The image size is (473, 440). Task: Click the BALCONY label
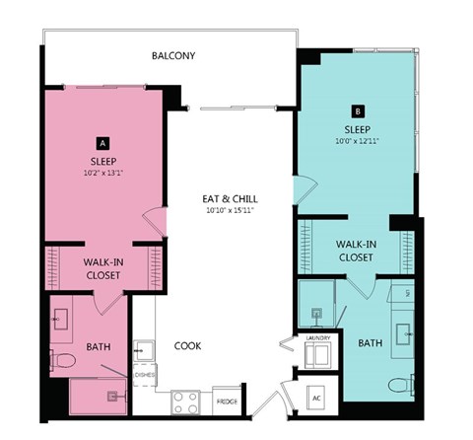click(172, 56)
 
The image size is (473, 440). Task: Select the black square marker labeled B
click(358, 111)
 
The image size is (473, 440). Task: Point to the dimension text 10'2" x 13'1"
click(102, 175)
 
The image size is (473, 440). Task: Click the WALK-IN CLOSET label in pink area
click(102, 268)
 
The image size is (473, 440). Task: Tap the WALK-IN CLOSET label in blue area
click(355, 250)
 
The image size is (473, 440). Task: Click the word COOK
click(188, 346)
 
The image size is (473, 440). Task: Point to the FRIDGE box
click(226, 402)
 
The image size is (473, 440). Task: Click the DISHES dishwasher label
click(144, 375)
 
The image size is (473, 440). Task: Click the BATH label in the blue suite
click(370, 343)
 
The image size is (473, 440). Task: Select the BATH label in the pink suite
click(99, 346)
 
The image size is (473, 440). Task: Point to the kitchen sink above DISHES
click(144, 348)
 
